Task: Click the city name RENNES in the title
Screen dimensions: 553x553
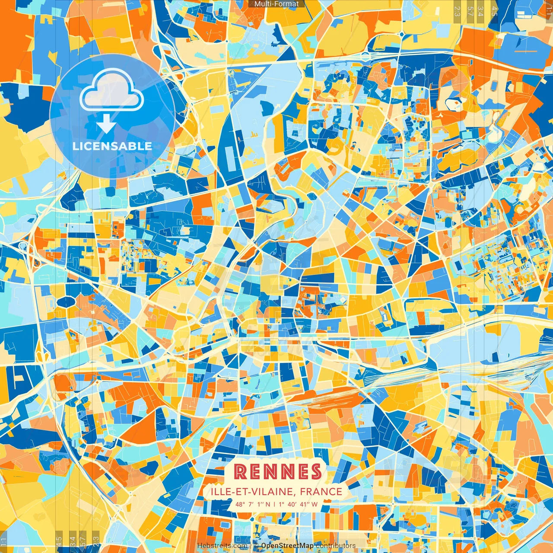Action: (x=278, y=471)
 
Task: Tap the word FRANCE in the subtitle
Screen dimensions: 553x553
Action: (x=321, y=492)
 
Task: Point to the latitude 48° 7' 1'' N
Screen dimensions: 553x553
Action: (x=253, y=504)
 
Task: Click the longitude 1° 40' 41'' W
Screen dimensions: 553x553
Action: (x=298, y=504)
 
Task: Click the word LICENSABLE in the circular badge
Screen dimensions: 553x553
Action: (x=112, y=146)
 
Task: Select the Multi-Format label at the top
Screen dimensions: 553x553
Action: (x=276, y=4)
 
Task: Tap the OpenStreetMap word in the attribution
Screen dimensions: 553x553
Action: (x=287, y=546)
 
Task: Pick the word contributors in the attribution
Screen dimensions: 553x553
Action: (x=335, y=546)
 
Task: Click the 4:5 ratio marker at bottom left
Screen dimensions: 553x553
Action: (x=59, y=541)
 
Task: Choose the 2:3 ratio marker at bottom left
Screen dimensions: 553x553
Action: (x=95, y=541)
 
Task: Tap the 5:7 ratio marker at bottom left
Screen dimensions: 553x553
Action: (x=83, y=541)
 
